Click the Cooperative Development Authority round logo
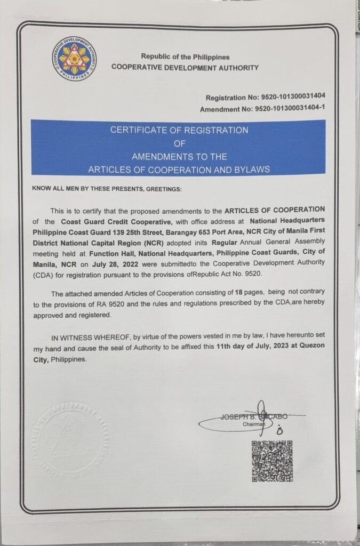pos(74,59)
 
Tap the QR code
pos(272,461)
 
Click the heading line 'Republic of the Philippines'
pos(185,57)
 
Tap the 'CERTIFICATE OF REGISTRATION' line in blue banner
pos(179,130)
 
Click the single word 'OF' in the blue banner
pos(179,143)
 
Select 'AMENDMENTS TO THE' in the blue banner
pos(179,157)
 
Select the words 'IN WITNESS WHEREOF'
pos(90,338)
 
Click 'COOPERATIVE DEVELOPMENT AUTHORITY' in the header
pos(185,68)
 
